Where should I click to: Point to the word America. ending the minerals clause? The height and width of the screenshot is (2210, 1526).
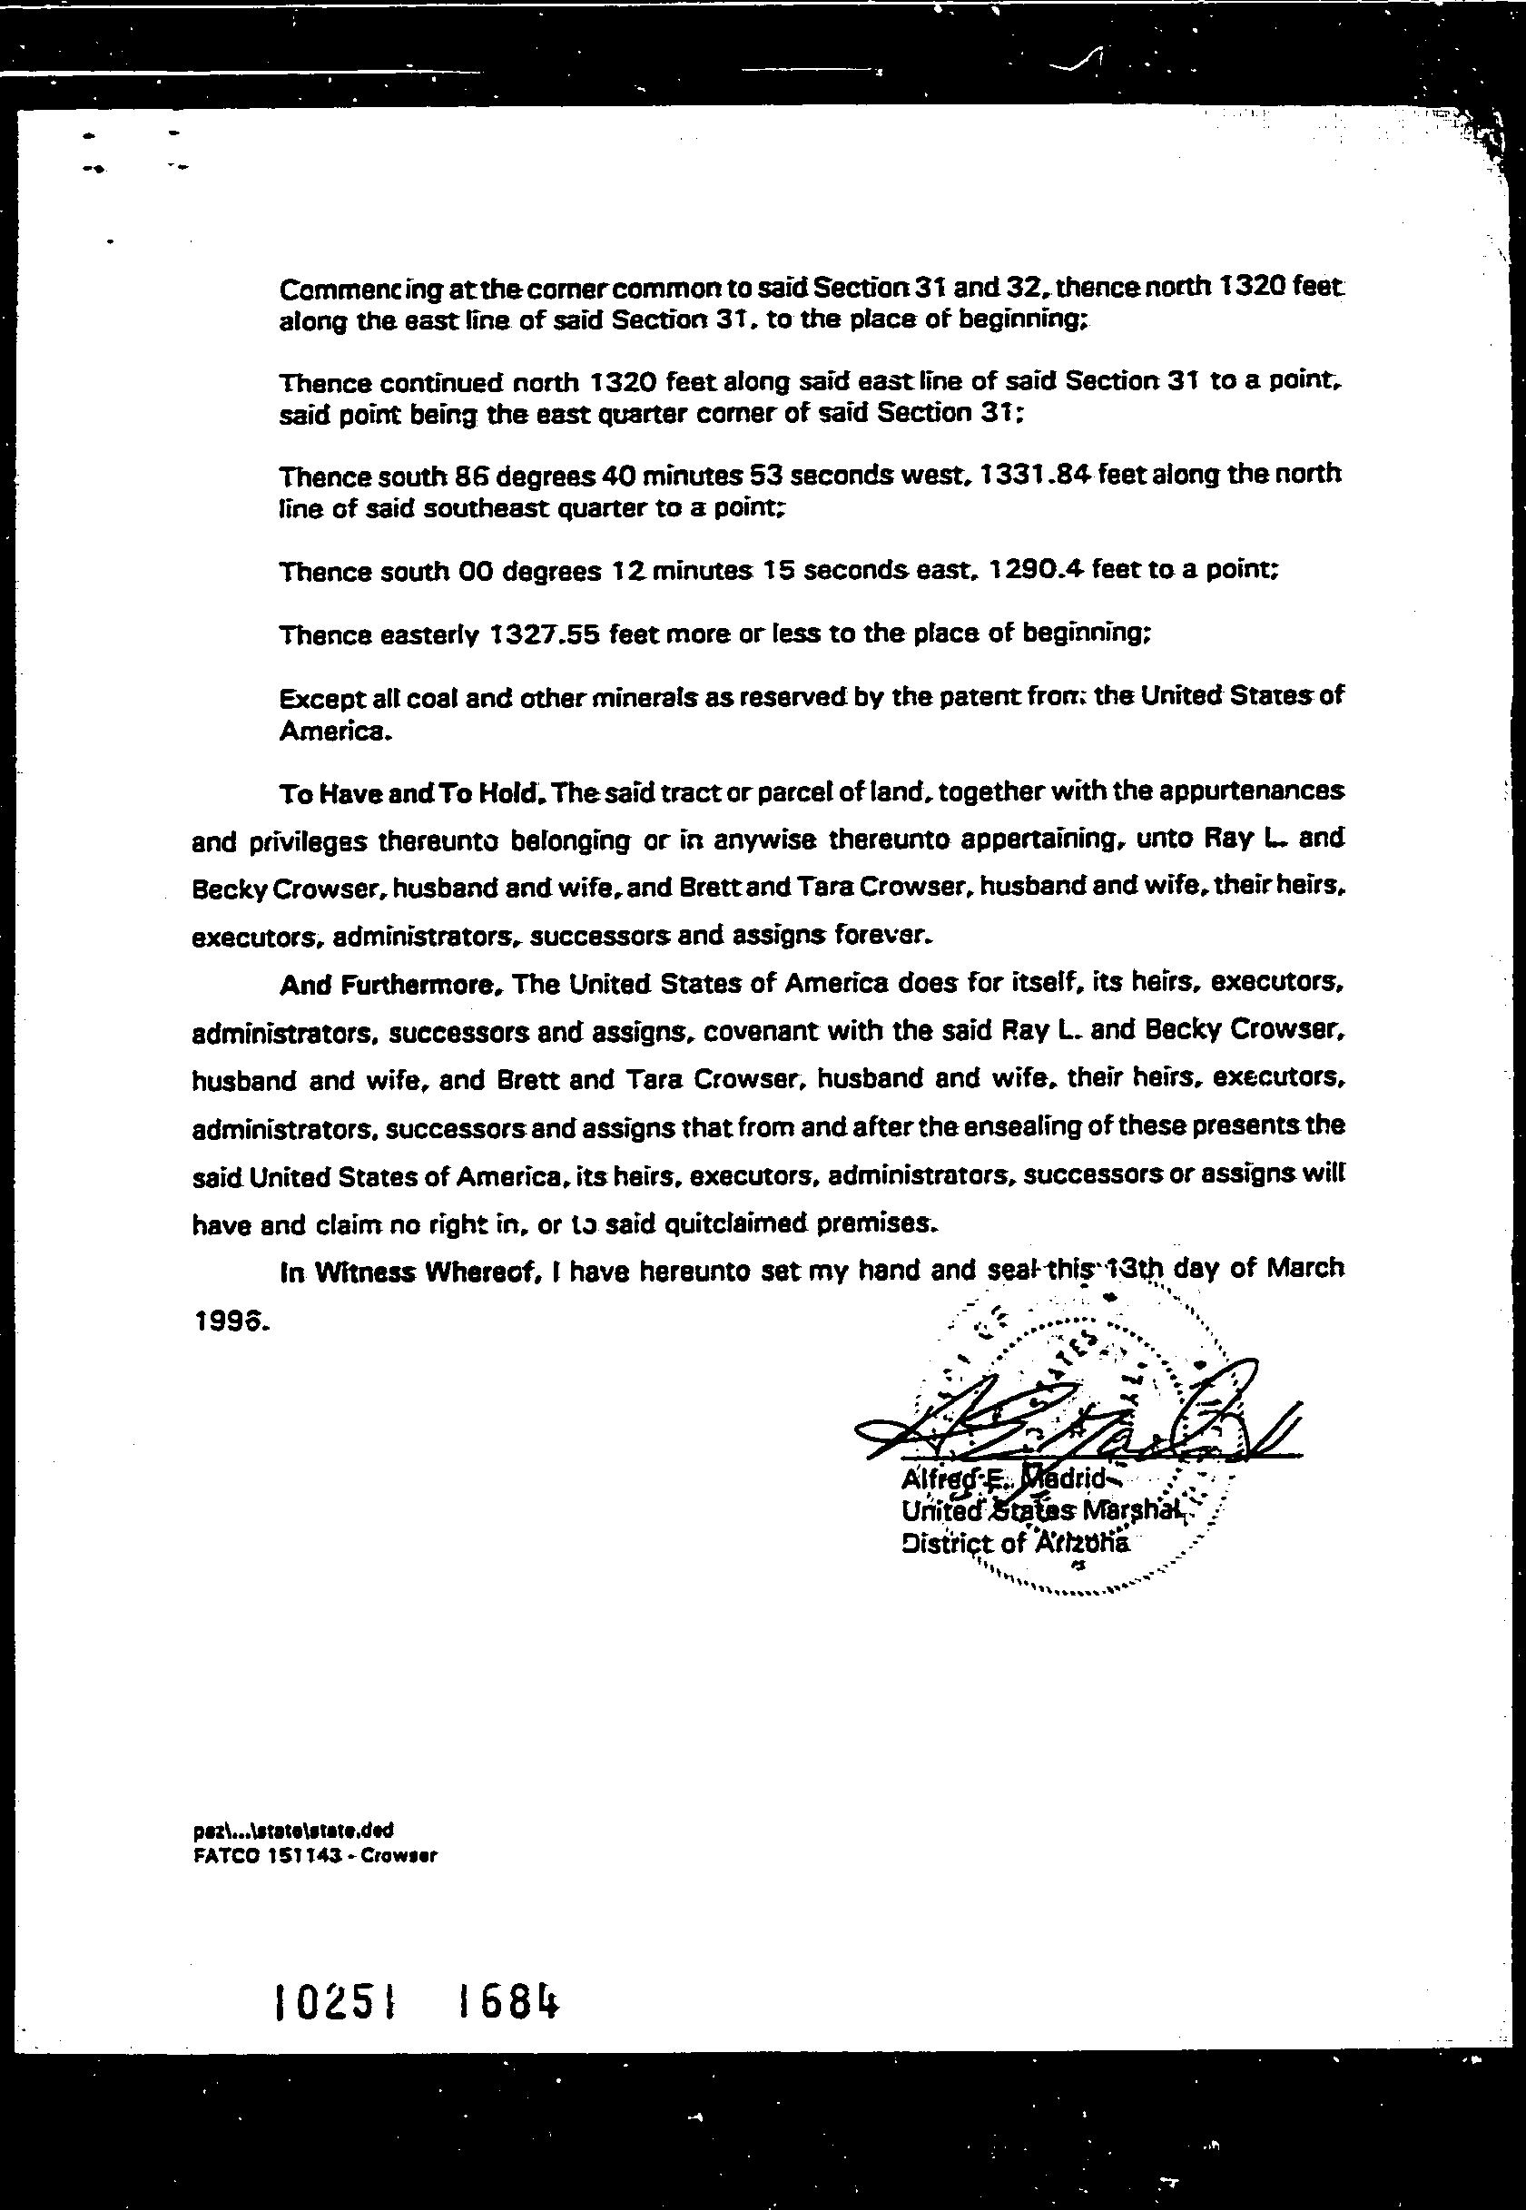[335, 732]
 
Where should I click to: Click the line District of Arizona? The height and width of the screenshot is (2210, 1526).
[1013, 1543]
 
